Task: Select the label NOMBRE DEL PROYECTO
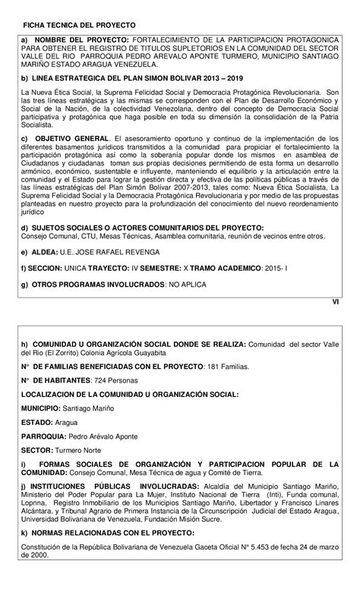click(x=81, y=39)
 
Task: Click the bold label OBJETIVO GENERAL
click(x=72, y=138)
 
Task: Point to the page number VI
click(x=337, y=302)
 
